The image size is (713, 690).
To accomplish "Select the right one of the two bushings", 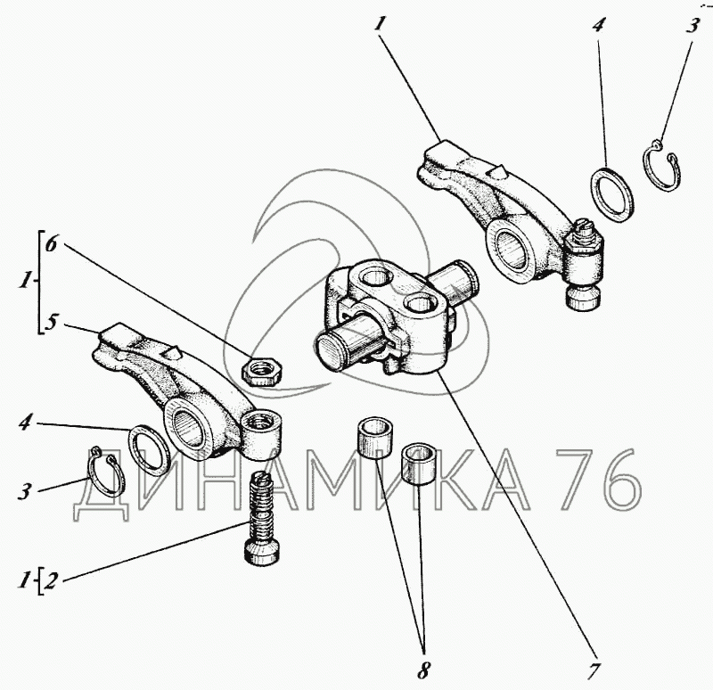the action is tap(415, 464).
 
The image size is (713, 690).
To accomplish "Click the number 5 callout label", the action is tap(52, 322).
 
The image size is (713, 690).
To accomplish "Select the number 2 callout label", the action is tap(51, 582).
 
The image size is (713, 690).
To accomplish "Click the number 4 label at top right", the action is tap(598, 25).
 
